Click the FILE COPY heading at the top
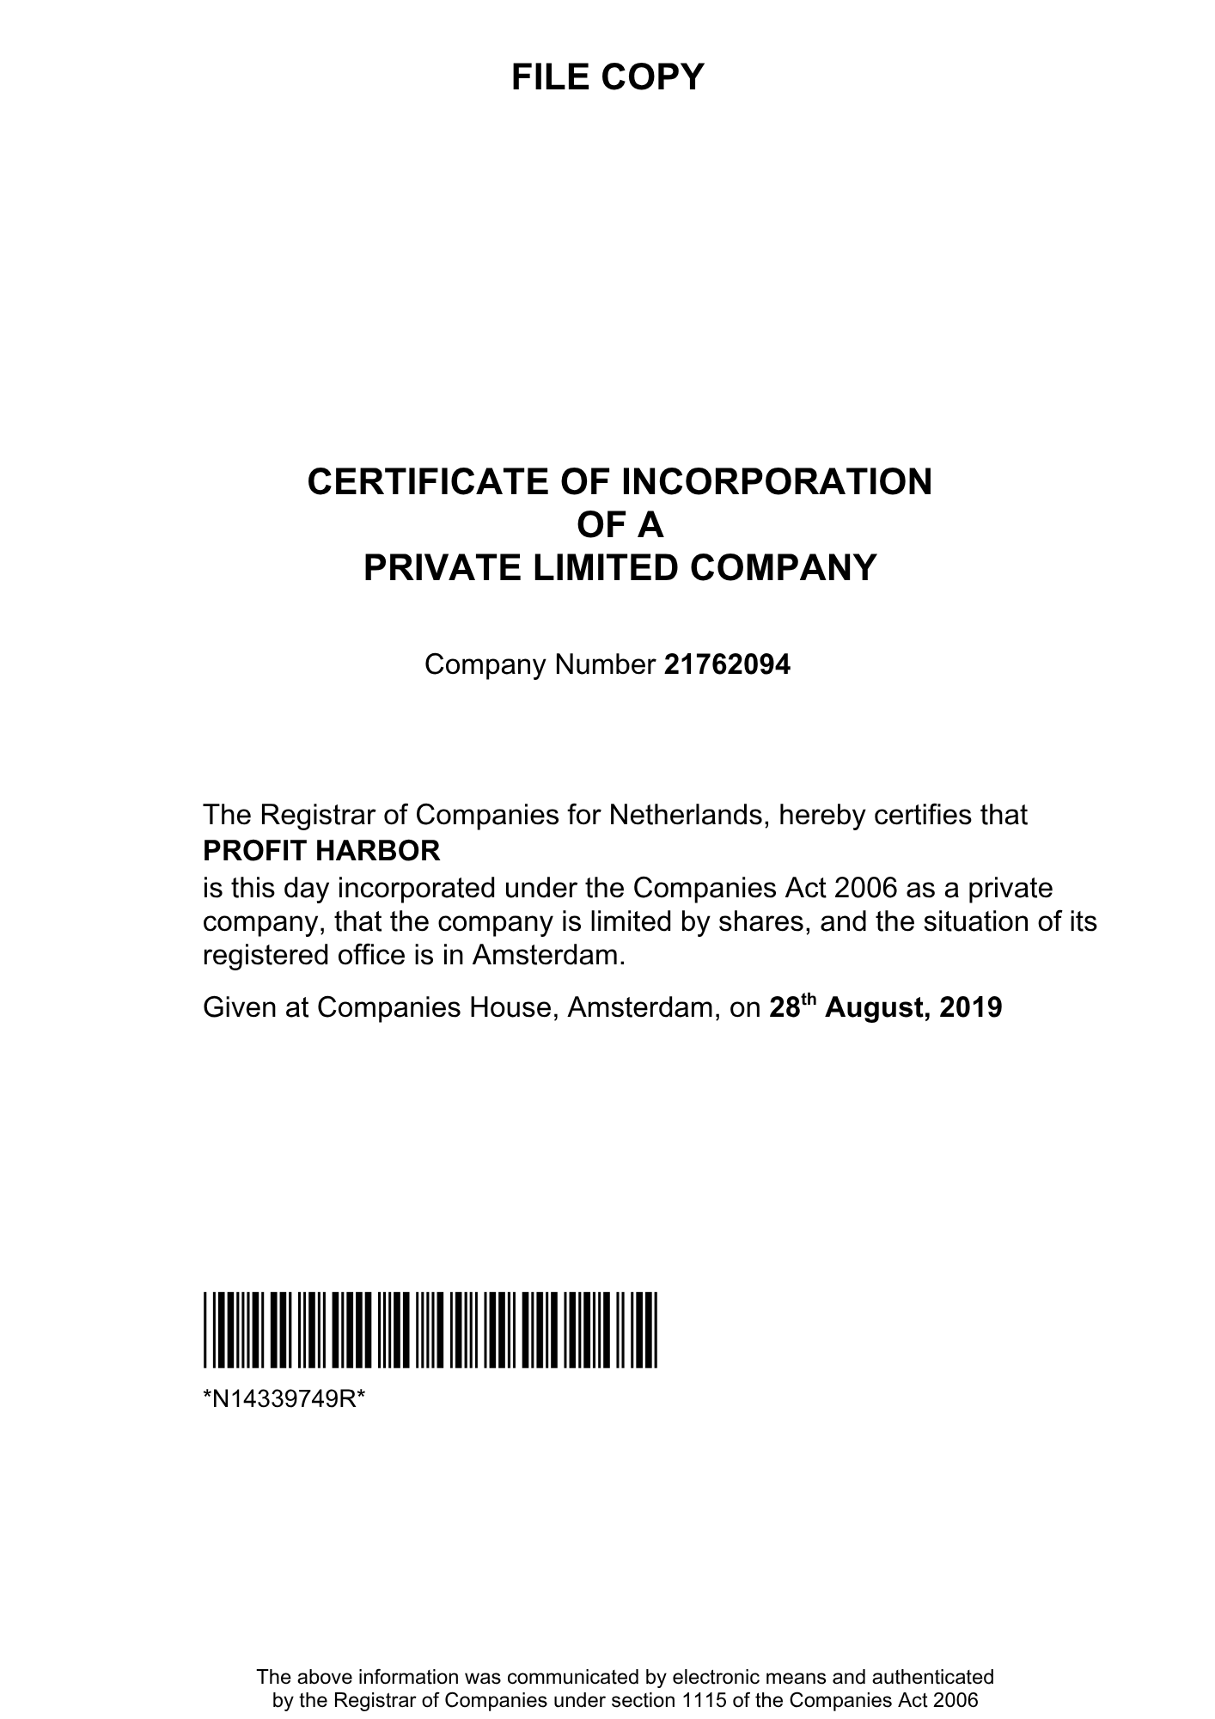coord(607,77)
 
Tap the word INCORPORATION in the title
coord(776,482)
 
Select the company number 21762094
coord(727,665)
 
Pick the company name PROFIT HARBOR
coord(321,851)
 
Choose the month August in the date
coord(876,1007)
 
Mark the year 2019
coord(970,1007)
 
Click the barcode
coord(430,1330)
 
